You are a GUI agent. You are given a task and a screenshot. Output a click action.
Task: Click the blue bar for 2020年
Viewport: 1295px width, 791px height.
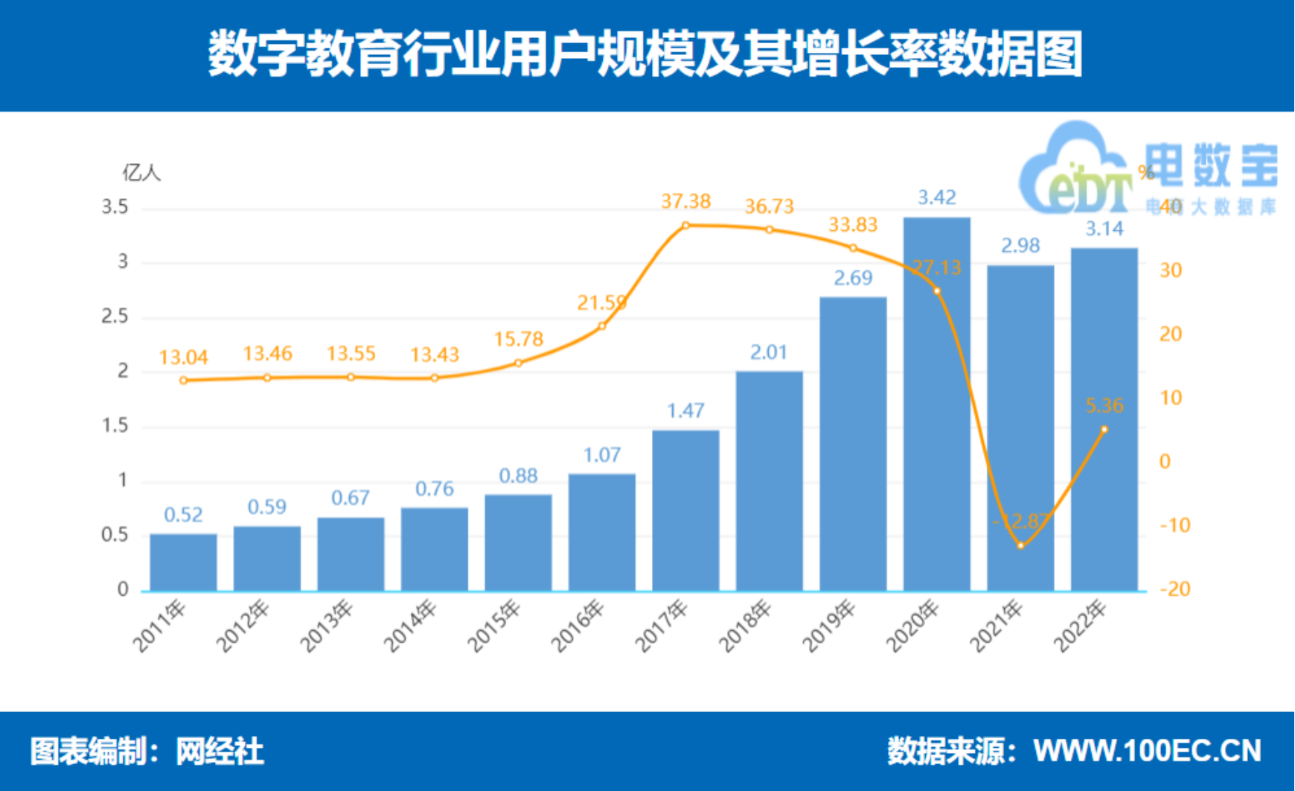click(x=936, y=417)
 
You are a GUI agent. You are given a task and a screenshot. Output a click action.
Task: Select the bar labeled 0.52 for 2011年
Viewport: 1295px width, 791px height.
click(x=183, y=562)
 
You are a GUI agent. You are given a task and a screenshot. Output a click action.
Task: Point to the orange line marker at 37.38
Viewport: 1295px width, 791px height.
click(x=685, y=225)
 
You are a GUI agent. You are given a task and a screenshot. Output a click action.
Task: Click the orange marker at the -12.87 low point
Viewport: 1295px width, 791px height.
click(x=1020, y=545)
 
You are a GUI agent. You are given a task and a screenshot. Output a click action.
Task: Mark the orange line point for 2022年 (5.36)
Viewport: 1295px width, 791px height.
click(x=1104, y=430)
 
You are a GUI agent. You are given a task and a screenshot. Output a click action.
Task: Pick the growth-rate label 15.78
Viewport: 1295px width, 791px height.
click(x=519, y=340)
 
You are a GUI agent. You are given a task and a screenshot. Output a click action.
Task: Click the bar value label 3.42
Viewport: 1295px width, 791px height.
click(x=936, y=197)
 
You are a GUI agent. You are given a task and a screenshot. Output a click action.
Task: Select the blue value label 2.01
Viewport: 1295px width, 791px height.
click(x=769, y=352)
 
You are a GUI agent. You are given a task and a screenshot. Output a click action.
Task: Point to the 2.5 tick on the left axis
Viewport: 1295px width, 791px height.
click(x=115, y=317)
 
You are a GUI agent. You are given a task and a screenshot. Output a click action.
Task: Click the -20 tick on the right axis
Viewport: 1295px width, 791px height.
click(x=1175, y=589)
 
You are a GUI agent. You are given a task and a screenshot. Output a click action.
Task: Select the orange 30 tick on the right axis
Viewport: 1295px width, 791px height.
click(x=1171, y=270)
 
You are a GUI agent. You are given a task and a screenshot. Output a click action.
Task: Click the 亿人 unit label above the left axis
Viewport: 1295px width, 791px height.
click(x=141, y=174)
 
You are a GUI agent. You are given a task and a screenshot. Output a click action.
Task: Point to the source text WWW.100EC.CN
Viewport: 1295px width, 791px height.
click(x=1147, y=751)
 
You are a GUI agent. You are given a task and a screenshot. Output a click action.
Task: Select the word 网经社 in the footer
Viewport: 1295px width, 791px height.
click(x=220, y=752)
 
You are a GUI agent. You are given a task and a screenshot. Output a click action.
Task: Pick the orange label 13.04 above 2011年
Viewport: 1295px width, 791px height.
click(x=183, y=358)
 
